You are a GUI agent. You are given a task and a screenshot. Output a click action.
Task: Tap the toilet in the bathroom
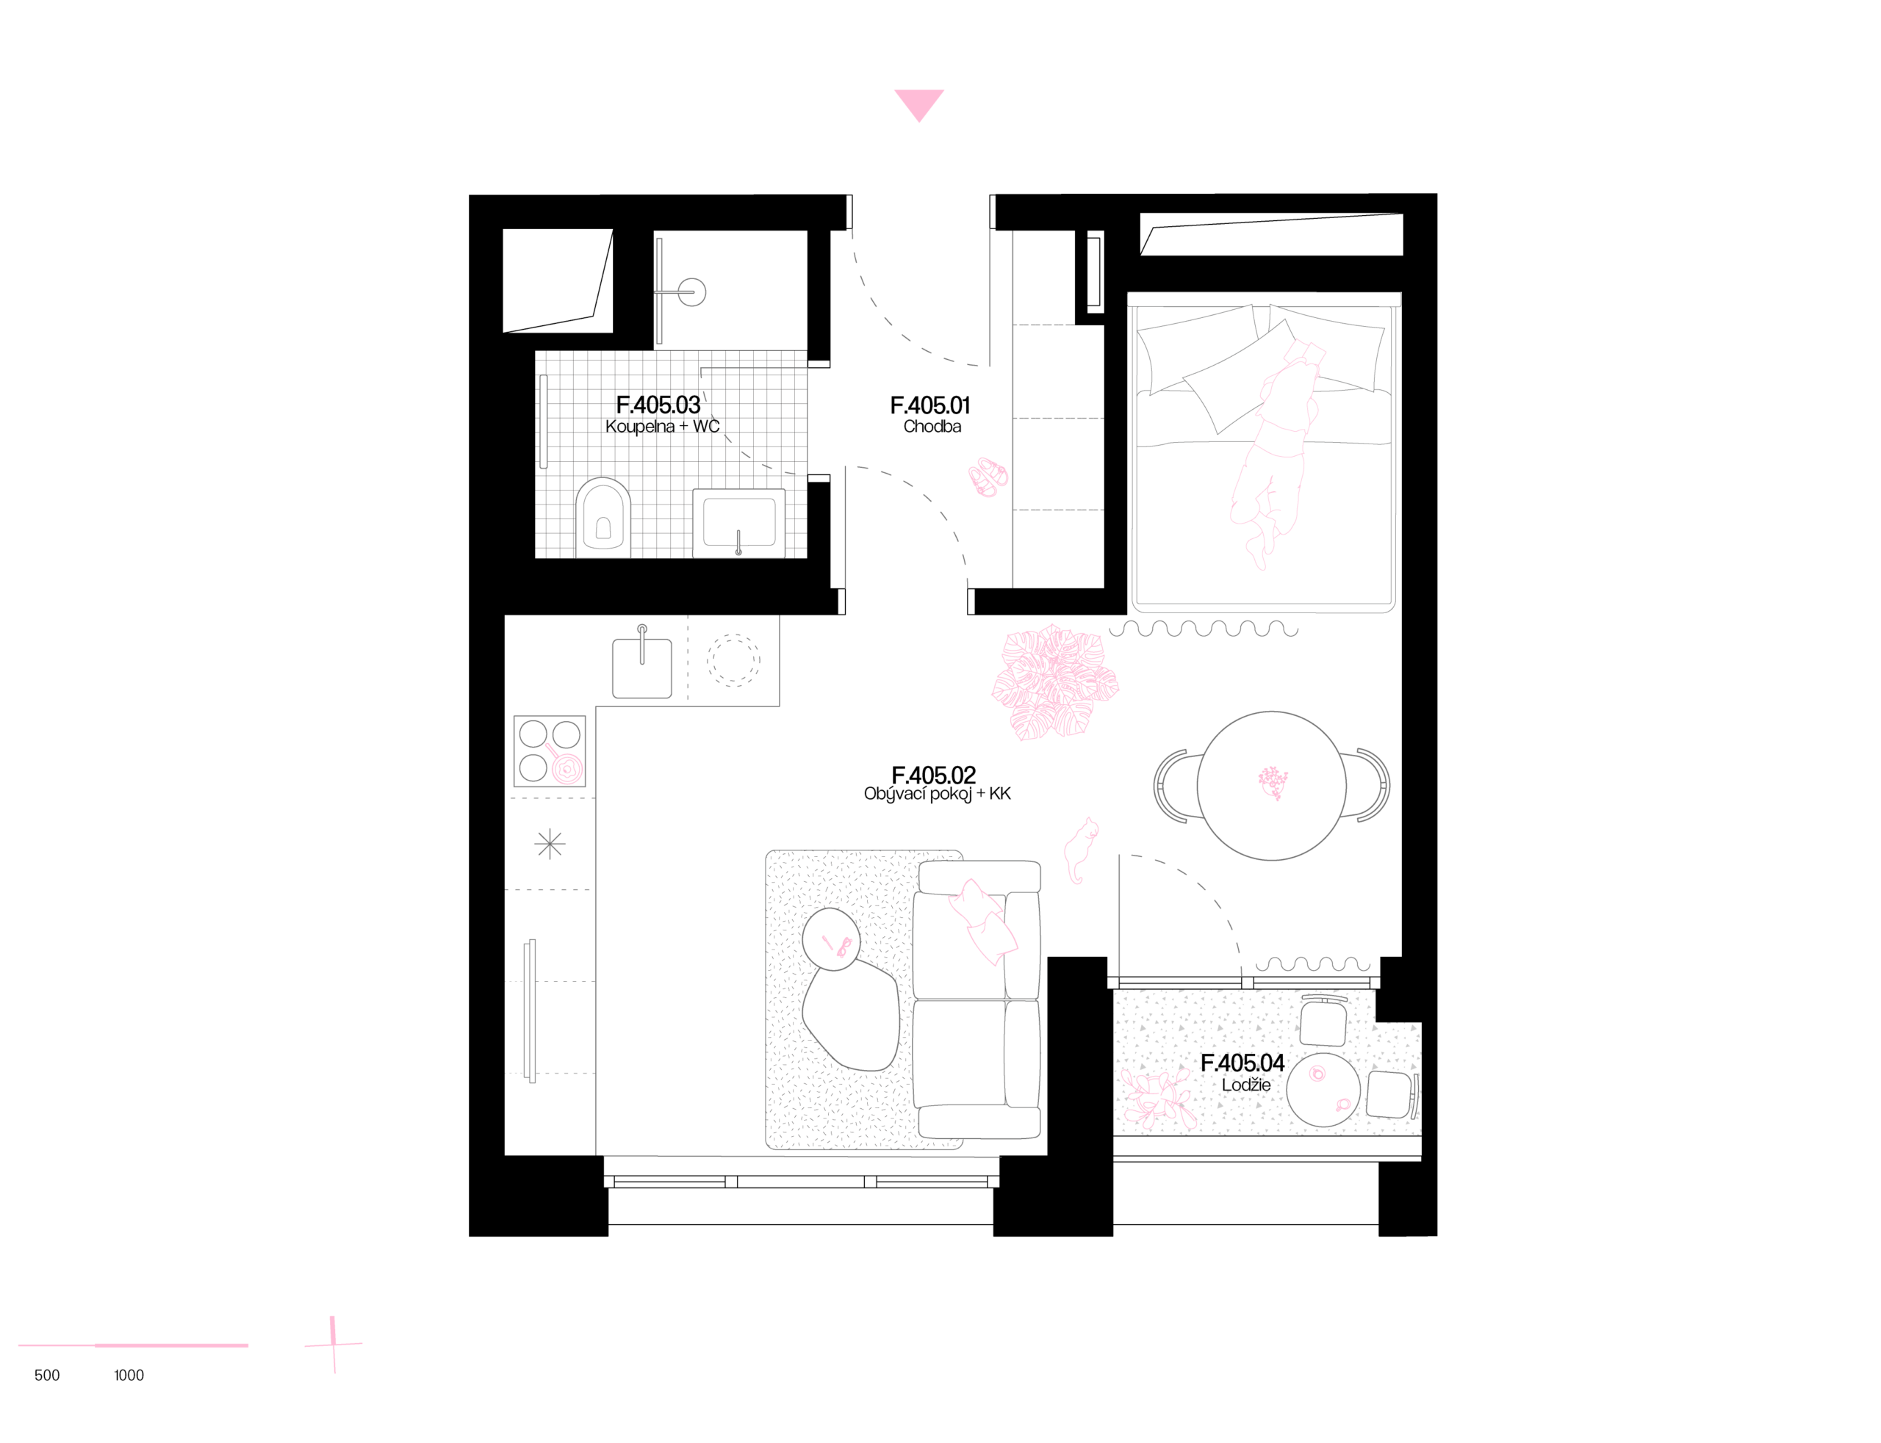click(x=603, y=518)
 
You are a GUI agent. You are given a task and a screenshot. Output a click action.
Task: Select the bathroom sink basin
click(x=739, y=522)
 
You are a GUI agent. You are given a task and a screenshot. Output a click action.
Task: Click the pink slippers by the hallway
click(x=988, y=477)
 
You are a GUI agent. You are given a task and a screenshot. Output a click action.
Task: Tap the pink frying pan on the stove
click(x=566, y=768)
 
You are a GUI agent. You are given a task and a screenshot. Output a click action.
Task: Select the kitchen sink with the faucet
click(x=642, y=667)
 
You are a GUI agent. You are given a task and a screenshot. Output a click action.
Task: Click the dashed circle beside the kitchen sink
click(x=733, y=659)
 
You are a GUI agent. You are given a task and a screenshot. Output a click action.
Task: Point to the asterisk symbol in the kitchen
click(x=549, y=845)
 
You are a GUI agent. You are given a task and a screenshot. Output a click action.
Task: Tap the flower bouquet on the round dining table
click(x=1273, y=781)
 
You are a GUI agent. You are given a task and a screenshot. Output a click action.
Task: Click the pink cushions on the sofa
click(x=983, y=920)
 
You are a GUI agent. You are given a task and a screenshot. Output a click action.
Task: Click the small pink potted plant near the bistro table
click(x=1158, y=1099)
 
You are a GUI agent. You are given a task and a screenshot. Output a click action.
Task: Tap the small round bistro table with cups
click(x=1323, y=1089)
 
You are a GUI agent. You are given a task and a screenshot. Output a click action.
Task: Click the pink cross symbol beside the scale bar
click(x=334, y=1344)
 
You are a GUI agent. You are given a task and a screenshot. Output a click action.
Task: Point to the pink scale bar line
click(x=133, y=1345)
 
